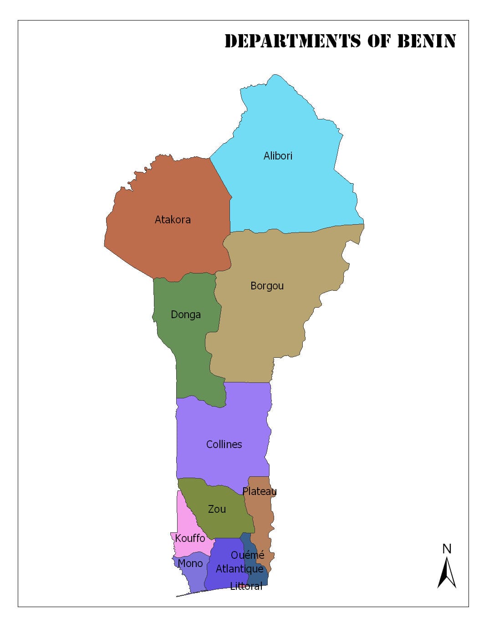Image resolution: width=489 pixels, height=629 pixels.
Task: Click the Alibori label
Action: (278, 156)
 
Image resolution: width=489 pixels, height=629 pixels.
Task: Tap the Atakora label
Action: (173, 220)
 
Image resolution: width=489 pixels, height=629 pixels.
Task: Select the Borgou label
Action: (267, 286)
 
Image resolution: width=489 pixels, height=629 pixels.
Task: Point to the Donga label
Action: (185, 314)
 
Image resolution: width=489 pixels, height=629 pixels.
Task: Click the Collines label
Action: (224, 444)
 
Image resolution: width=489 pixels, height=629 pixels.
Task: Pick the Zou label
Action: (217, 509)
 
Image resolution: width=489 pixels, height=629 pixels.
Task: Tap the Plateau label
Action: (259, 491)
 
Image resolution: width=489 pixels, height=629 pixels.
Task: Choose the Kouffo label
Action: (190, 538)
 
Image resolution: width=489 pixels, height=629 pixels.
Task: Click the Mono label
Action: (190, 563)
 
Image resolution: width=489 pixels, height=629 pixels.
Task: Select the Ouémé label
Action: (247, 555)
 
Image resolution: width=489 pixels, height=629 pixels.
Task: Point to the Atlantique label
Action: (239, 569)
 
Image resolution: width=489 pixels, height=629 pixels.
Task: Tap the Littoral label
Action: (246, 586)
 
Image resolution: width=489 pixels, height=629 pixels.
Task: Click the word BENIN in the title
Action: (426, 41)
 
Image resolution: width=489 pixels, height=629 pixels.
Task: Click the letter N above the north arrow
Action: (447, 549)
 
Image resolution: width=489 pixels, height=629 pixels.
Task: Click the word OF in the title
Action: (379, 41)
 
